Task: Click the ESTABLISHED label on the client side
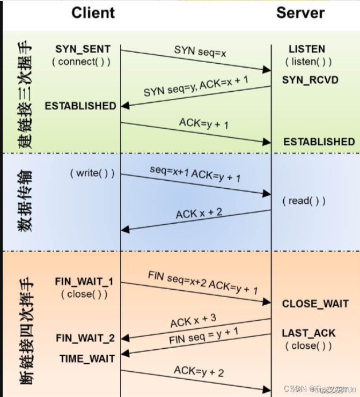[x=80, y=106]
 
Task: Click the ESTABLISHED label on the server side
[x=319, y=142]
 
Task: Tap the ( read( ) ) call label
[x=304, y=201]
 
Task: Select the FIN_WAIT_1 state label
[x=84, y=281]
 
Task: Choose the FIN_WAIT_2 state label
[x=85, y=338]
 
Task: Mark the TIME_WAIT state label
[x=87, y=358]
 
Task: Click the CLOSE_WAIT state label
[x=315, y=304]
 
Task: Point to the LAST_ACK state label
[x=308, y=333]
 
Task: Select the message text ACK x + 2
[x=199, y=214]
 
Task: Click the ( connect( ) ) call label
[x=81, y=61]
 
